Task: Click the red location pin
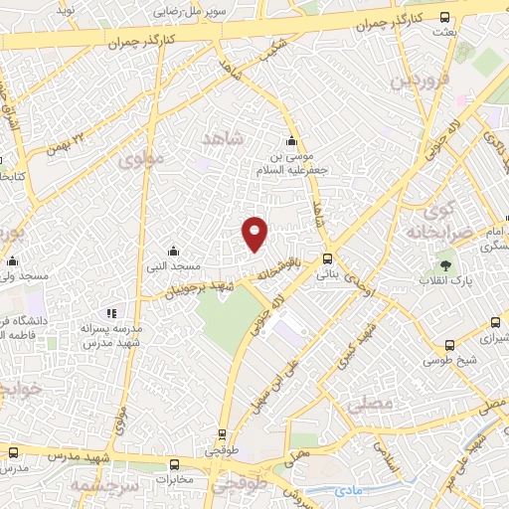pos(255,233)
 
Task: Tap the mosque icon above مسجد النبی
pos(174,251)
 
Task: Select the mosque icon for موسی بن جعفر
pos(290,140)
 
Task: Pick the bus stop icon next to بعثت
pos(443,18)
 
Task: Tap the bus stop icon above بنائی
pos(327,257)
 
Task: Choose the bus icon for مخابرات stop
pos(175,464)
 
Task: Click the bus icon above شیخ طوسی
pos(443,347)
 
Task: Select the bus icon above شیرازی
pos(496,322)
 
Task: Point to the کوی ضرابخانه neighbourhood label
pos(437,222)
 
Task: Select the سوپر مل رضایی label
pos(191,14)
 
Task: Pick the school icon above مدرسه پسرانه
pos(111,313)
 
